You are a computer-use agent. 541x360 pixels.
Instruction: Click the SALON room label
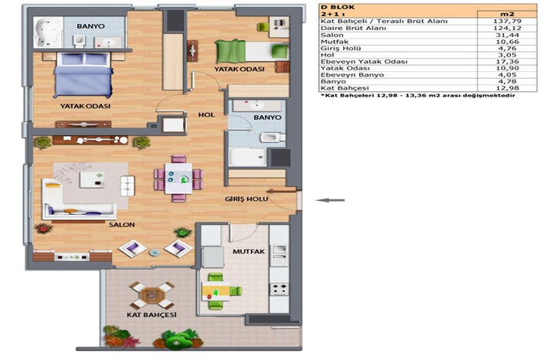[x=122, y=225]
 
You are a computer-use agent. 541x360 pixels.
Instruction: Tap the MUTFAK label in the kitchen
[x=248, y=252]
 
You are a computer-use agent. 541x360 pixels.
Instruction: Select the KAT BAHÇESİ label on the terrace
[x=151, y=315]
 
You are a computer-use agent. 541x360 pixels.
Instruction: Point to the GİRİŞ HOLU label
[x=247, y=199]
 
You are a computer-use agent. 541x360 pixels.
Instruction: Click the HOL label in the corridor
[x=206, y=115]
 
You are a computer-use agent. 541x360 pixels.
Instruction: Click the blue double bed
[x=83, y=75]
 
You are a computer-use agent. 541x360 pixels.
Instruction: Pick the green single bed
[x=252, y=52]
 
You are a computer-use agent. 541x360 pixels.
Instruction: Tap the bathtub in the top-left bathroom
[x=48, y=32]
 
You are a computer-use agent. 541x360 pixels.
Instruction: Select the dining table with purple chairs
[x=179, y=178]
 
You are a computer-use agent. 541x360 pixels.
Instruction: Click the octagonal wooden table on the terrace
[x=151, y=296]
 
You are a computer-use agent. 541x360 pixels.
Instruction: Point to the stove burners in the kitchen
[x=279, y=289]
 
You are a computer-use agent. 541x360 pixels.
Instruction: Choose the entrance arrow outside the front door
[x=331, y=200]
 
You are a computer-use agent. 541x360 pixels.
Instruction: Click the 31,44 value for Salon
[x=506, y=36]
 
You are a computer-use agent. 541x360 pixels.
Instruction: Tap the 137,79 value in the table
[x=506, y=22]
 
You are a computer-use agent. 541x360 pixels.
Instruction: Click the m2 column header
[x=507, y=14]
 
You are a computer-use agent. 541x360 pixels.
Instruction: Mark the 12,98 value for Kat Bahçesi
[x=506, y=88]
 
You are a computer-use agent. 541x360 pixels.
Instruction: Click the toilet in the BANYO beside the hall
[x=272, y=138]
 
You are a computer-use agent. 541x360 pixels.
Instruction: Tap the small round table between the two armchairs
[x=155, y=253]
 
